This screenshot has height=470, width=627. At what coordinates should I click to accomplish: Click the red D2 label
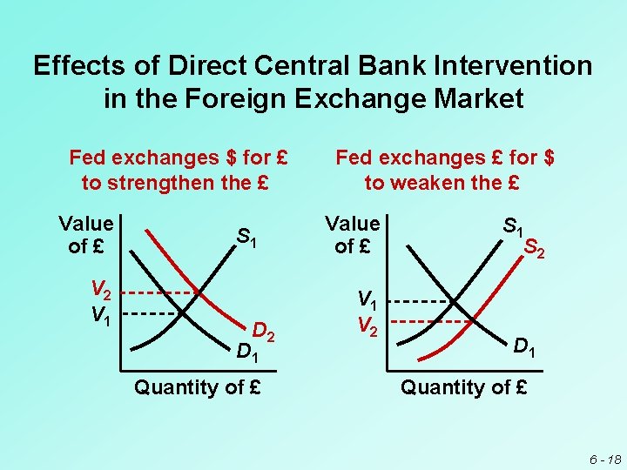coord(264,331)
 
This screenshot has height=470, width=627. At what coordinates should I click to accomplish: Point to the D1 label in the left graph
coord(248,352)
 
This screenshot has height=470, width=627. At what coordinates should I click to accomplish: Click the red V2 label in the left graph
coord(102,291)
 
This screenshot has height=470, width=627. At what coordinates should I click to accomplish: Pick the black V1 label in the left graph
coord(102,312)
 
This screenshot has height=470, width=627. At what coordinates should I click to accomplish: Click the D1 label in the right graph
coord(523,349)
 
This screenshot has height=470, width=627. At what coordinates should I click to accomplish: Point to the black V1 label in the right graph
coord(369,301)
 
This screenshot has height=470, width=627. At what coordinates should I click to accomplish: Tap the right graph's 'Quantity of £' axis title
coord(463,387)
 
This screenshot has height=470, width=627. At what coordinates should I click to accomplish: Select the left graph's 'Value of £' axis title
coord(85,234)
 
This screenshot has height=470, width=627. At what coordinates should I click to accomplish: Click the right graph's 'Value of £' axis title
coord(352,234)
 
